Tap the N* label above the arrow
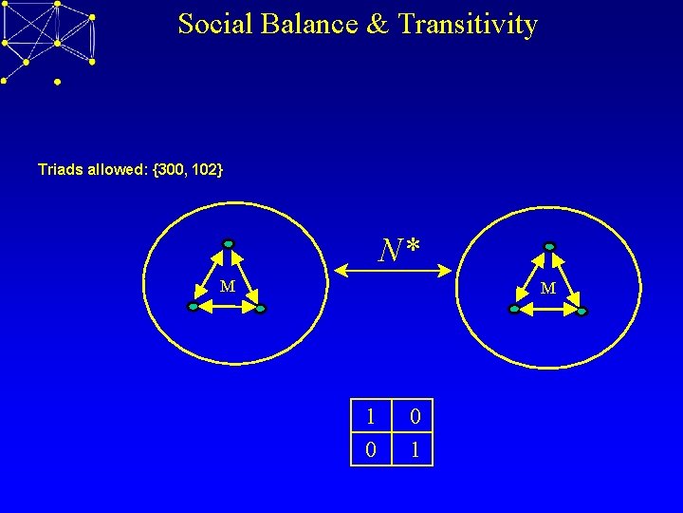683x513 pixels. [398, 250]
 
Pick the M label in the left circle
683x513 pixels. [228, 287]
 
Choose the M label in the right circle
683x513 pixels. [548, 288]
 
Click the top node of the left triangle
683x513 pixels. [228, 243]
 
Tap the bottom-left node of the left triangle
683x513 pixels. [193, 308]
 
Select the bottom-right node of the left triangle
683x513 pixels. [261, 309]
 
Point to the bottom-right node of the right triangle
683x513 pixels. [581, 311]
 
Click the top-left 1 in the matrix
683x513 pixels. [371, 416]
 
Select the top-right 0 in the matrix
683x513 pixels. [415, 416]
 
